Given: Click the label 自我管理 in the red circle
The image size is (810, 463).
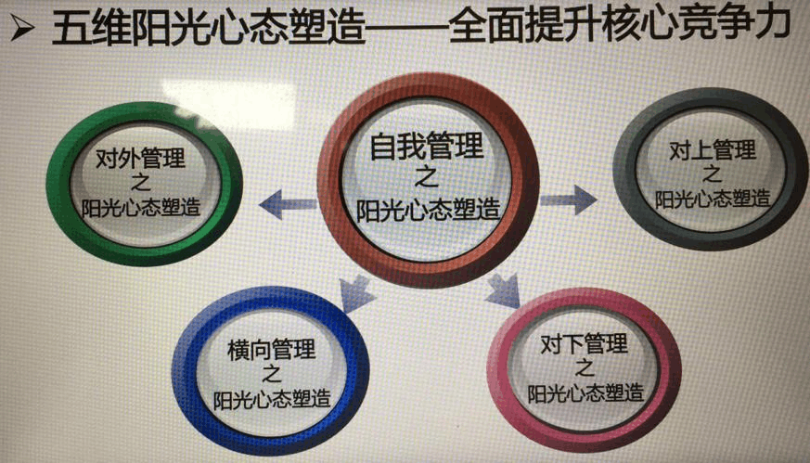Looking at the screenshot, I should tap(427, 148).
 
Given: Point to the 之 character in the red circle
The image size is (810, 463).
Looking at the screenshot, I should tap(425, 177).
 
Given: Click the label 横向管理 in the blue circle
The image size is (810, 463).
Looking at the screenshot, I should tap(271, 351).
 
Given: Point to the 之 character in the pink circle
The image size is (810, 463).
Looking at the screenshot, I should tap(584, 368).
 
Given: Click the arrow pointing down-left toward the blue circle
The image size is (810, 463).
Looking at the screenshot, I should tap(356, 294).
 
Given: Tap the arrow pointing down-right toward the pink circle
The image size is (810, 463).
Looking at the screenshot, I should tap(502, 289).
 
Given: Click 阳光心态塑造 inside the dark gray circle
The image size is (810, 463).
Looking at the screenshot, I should tap(712, 199).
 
